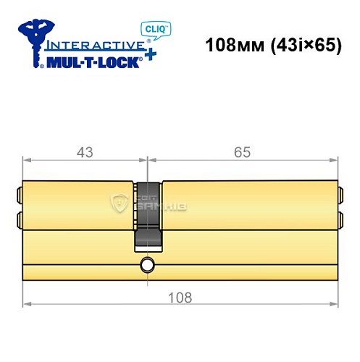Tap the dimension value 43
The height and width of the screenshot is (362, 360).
(x=85, y=152)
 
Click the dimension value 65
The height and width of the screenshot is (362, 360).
(x=243, y=152)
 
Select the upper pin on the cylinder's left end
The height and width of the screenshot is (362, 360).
(x=20, y=195)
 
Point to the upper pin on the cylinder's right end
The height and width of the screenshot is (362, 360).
(x=340, y=195)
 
